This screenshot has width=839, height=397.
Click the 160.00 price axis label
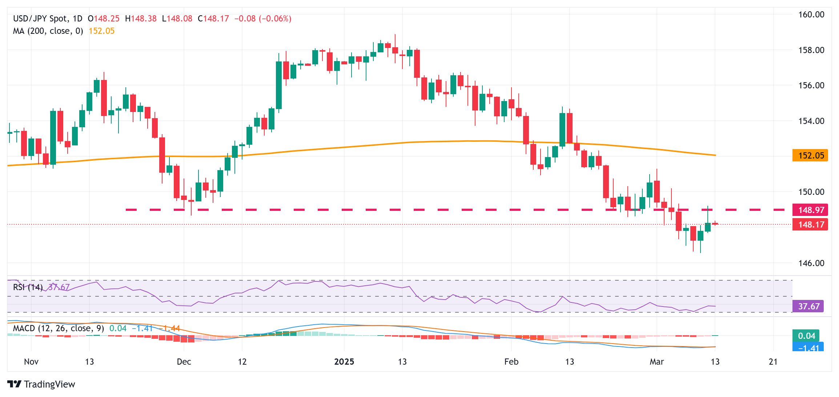tap(811, 15)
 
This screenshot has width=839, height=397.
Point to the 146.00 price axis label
tap(811, 263)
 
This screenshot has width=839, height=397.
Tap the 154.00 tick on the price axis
tap(811, 121)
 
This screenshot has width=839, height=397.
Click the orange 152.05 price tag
tap(810, 156)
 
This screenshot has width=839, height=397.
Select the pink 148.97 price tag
tap(810, 210)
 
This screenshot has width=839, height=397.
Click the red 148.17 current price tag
tap(810, 224)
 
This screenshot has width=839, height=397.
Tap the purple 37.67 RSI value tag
tap(808, 306)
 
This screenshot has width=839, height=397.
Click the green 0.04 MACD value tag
tap(806, 336)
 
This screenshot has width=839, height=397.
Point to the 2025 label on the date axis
tap(344, 362)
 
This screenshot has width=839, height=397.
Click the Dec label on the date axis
tap(184, 362)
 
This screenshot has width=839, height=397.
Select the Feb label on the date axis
tap(511, 362)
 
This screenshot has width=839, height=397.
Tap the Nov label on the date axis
tap(31, 362)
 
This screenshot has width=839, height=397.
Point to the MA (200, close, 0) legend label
tap(48, 31)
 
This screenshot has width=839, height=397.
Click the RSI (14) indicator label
tap(28, 287)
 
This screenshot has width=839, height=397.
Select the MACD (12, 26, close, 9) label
tap(59, 328)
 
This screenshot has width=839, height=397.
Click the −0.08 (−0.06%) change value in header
tap(262, 19)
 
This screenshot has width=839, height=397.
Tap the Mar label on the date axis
tap(657, 362)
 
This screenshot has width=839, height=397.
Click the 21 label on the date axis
tap(773, 362)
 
